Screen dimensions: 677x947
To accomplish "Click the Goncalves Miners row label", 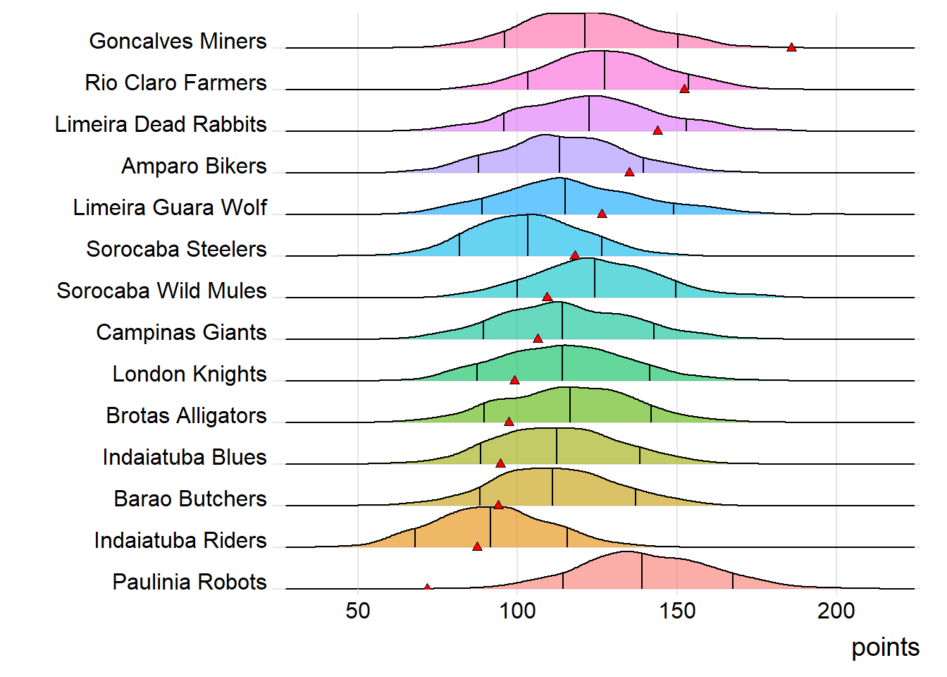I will (178, 41).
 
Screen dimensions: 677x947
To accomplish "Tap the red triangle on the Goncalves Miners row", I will (791, 47).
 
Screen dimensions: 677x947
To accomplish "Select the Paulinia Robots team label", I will (190, 582).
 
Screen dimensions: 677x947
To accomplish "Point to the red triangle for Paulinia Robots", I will (428, 587).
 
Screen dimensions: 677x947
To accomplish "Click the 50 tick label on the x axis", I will (358, 611).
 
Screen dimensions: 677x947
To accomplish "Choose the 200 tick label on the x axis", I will (836, 611).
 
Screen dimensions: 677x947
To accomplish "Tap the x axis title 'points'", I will (885, 647).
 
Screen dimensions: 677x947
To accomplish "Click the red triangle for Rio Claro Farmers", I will (684, 89).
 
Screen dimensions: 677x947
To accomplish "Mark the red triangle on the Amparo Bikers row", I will (629, 172).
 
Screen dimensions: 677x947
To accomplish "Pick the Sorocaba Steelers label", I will (176, 249).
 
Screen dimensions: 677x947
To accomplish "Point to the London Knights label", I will (190, 374).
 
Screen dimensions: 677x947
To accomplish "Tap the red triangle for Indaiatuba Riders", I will (477, 547).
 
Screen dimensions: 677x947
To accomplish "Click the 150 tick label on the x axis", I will (677, 611).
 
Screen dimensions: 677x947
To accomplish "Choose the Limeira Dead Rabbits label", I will (161, 124).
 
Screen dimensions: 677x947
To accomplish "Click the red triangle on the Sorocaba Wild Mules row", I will (547, 297).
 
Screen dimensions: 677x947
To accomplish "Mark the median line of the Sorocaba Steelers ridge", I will (528, 236).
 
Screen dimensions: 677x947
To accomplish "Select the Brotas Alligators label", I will (186, 415).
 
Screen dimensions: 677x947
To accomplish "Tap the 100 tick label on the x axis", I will (517, 611).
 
